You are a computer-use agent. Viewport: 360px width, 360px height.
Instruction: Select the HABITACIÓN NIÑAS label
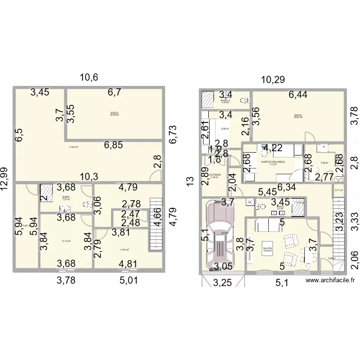point(273,162)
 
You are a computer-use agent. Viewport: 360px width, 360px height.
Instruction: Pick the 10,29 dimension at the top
point(272,80)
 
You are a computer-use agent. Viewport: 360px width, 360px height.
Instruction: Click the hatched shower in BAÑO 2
point(208,99)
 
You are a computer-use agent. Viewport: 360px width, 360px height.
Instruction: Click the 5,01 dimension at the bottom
point(129,280)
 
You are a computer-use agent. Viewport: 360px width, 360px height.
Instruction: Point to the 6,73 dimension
point(173,135)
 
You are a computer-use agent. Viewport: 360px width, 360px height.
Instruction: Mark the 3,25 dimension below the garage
point(223,283)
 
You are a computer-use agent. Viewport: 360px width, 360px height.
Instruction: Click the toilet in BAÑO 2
point(246,100)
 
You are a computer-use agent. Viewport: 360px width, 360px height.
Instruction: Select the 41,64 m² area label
point(73,147)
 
